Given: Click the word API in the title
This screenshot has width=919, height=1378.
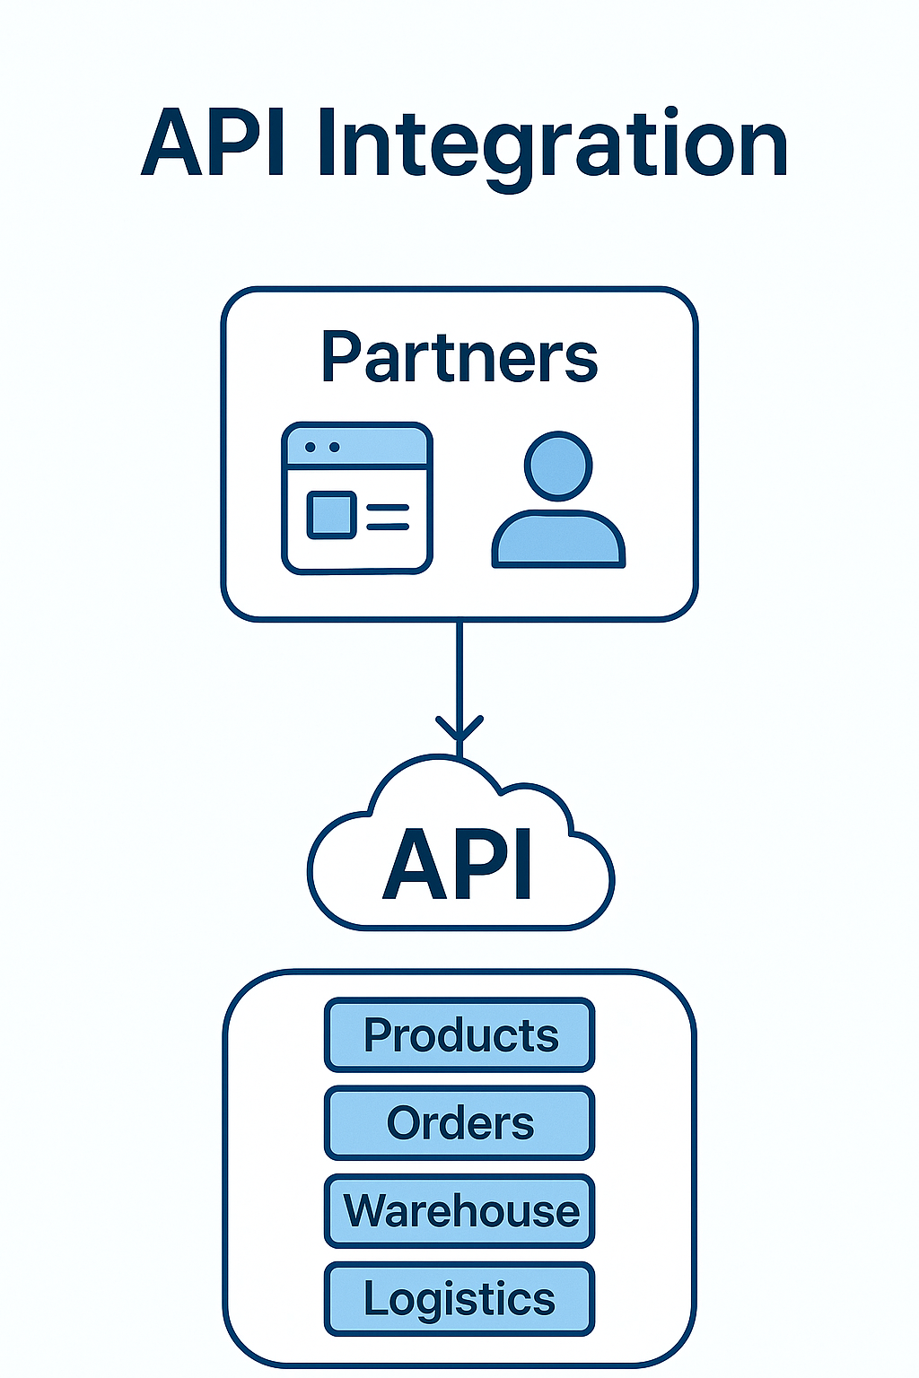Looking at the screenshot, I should coord(214,144).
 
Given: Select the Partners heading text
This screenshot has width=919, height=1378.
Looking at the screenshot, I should coord(459,357).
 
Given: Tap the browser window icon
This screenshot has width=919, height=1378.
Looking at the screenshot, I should coord(357,499).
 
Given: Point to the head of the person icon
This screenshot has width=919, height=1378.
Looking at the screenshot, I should coord(558,465).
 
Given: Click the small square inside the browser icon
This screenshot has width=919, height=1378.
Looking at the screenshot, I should coord(331,515).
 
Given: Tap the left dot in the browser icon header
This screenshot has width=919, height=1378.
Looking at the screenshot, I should coord(311,447).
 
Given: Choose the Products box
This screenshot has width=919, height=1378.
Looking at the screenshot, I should coord(459,1034).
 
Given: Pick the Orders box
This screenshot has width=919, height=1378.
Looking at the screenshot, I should coord(459,1122).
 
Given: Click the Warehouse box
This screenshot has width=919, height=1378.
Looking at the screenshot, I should coord(459,1210).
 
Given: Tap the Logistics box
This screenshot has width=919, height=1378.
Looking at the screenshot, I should coord(459,1298).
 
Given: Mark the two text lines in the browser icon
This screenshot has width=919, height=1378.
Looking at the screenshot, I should coord(388,516).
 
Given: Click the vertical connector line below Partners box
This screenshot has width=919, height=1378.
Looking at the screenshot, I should coord(459,668).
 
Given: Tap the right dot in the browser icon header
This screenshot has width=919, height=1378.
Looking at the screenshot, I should coord(335,447).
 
